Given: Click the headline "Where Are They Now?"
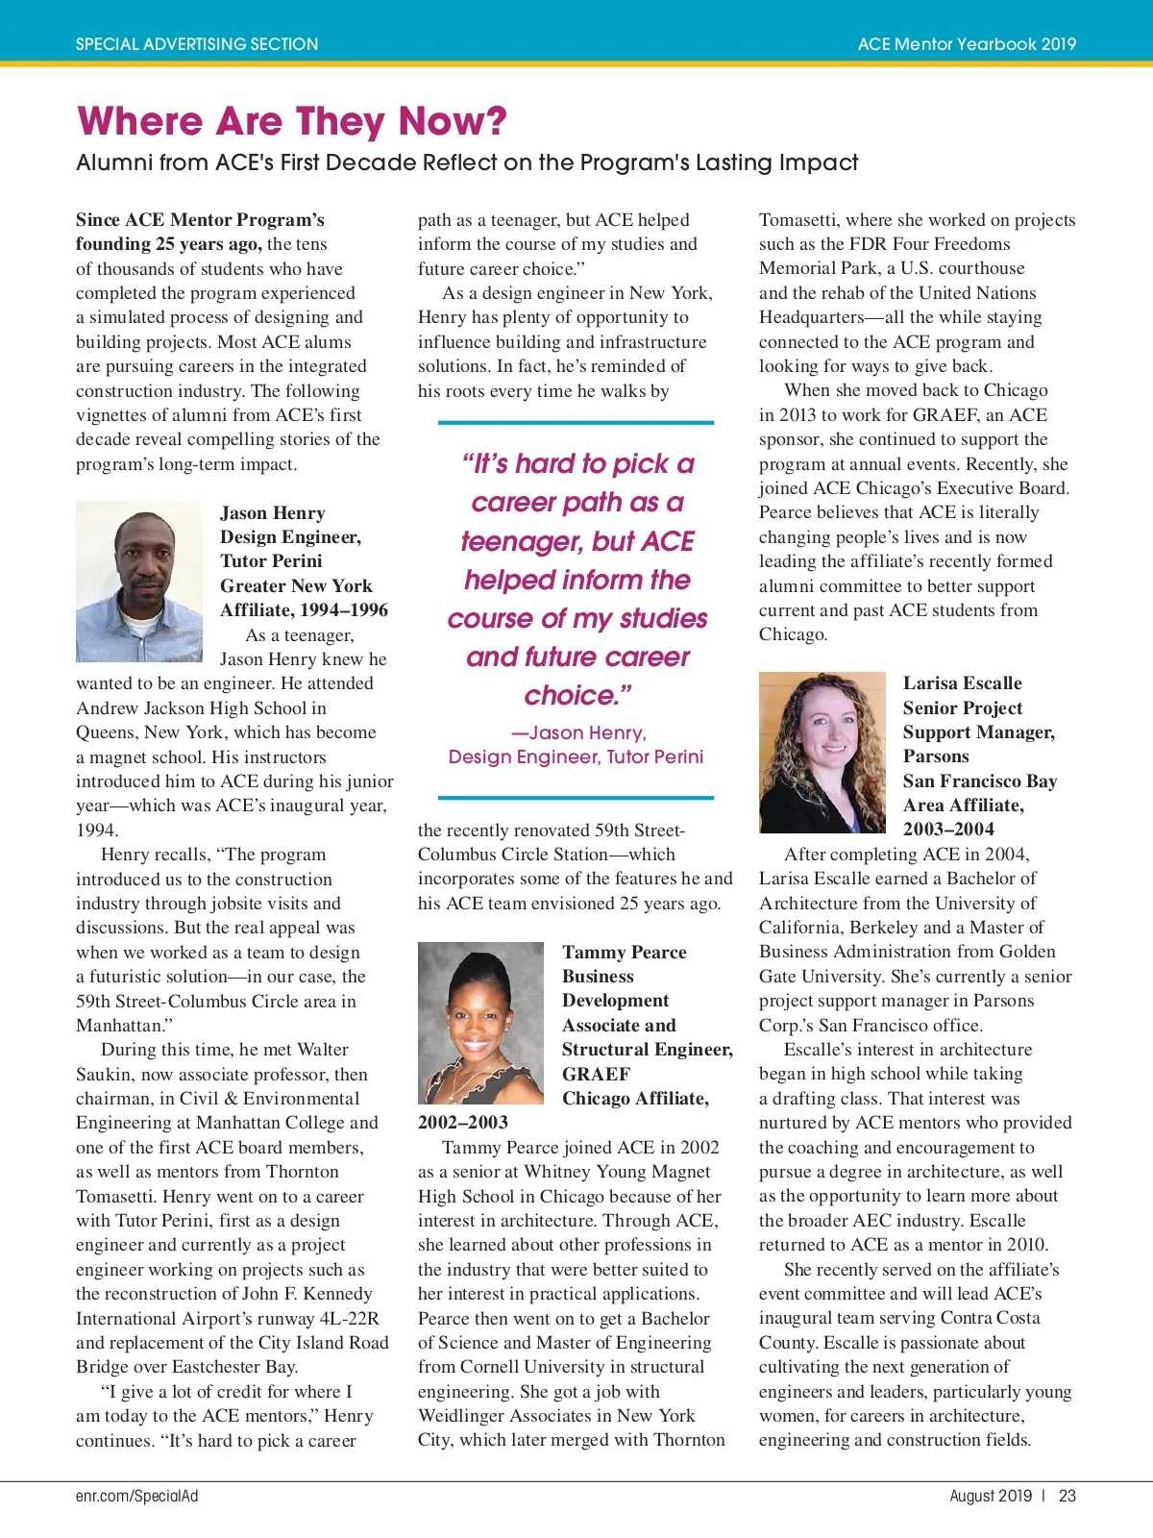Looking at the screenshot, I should pos(291,121).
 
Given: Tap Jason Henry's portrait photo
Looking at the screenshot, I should pos(139,582).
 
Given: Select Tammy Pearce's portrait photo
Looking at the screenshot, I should pos(480,1023).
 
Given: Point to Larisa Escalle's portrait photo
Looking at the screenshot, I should pos(822,752).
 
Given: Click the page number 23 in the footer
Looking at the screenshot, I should pos(1067,1496).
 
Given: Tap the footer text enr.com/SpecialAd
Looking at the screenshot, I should pos(136,1496).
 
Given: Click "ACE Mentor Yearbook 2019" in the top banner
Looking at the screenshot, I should pos(967,44).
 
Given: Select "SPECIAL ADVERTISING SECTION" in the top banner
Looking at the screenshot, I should pos(197,44).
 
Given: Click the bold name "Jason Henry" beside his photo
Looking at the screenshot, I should pos(273,513).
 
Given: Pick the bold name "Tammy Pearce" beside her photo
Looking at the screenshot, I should pos(625,953).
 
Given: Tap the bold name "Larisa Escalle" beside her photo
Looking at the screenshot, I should pos(962,683).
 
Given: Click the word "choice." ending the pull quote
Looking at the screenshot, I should pos(577,695).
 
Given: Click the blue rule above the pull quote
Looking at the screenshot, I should pos(576,422).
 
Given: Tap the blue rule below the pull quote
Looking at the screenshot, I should pos(576,798).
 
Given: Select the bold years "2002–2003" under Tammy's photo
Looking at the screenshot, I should pos(463,1122).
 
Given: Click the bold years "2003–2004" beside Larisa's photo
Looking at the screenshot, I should pos(948,829).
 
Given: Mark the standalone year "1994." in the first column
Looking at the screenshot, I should pos(97,830).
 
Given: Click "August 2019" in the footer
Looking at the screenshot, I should pos(990,1496).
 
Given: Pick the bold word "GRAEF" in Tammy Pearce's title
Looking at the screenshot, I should pos(596,1074).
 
